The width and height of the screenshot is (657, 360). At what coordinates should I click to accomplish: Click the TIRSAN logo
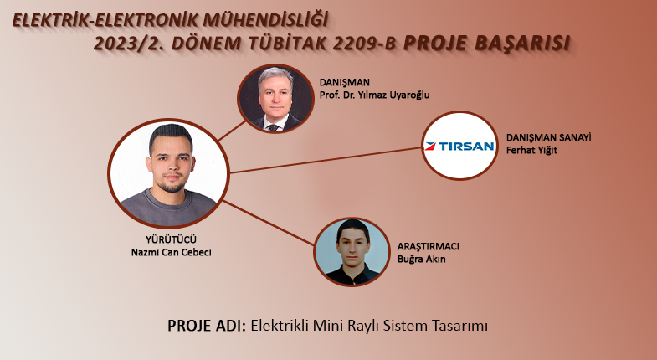459,146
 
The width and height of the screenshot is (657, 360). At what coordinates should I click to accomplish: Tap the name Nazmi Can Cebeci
171,252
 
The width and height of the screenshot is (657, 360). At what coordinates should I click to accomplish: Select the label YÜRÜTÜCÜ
171,239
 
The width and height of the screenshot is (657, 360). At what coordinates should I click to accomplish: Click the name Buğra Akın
422,259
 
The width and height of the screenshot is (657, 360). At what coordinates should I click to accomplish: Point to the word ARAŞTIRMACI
429,246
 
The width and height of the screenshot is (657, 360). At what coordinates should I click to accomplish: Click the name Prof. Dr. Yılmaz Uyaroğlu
375,95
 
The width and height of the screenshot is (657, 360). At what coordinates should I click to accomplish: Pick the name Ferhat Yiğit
531,150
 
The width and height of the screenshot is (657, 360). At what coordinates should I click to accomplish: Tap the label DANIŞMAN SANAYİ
548,137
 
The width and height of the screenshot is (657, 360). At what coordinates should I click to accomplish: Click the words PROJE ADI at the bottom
207,326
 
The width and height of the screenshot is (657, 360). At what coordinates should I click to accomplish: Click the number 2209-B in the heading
365,44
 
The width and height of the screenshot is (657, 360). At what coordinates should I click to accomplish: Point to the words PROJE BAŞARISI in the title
486,43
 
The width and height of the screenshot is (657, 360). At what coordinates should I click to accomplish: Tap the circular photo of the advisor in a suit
275,99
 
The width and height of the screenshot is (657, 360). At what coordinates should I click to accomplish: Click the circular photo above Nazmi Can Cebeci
168,173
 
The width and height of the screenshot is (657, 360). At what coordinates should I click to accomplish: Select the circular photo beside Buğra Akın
352,251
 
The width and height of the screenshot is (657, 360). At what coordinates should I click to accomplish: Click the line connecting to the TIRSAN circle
326,160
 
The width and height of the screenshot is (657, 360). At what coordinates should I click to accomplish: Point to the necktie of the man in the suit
274,127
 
